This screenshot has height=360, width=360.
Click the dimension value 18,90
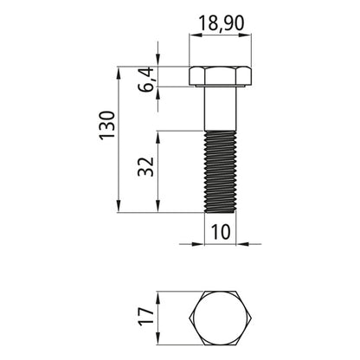point(222,23)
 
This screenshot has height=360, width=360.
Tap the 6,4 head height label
point(147,79)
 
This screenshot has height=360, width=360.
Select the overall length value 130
point(107,125)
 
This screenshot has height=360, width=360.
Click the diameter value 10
point(221,232)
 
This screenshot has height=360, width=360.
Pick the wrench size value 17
point(145,317)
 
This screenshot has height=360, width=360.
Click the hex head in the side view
point(221,76)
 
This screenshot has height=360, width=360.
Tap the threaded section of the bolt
point(221,171)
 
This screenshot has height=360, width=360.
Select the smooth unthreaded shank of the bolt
point(221,108)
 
